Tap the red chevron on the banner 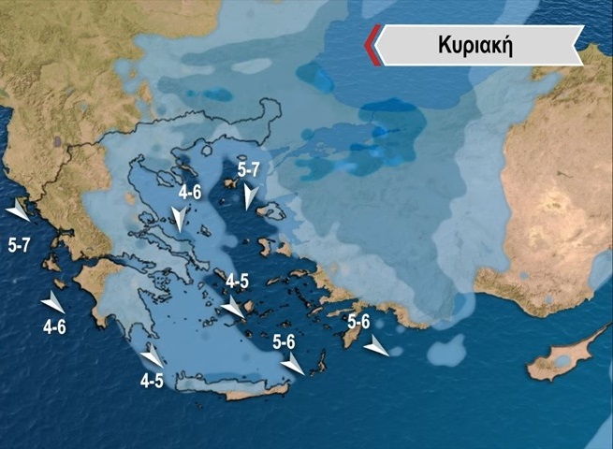point(372,46)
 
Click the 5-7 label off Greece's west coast point(20,246)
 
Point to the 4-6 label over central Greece point(190,193)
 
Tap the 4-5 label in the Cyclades point(238,281)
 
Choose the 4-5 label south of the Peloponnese point(152,381)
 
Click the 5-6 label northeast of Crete point(285,342)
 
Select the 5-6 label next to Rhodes point(358,322)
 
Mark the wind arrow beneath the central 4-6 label point(179,220)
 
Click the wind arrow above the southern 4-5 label point(152,357)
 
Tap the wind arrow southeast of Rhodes point(376,348)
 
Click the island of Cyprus point(562,355)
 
